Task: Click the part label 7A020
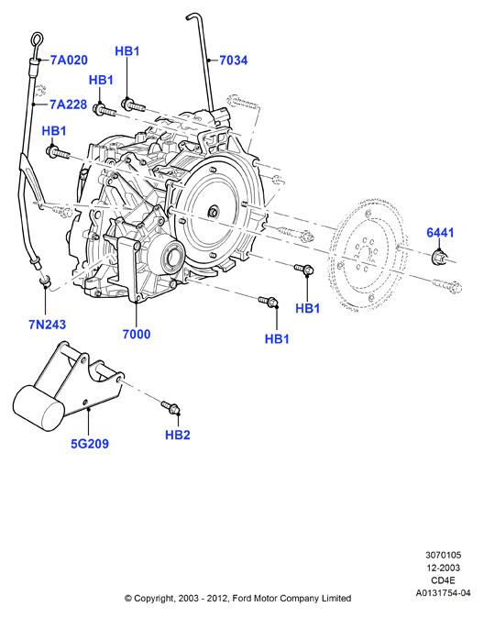point(69,61)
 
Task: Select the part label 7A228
point(68,105)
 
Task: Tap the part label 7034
point(234,61)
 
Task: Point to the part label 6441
point(440,233)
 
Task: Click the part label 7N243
point(48,325)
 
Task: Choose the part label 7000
point(137,335)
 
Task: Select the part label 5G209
point(90,444)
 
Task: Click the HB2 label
point(178,436)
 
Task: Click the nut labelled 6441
point(438,258)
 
